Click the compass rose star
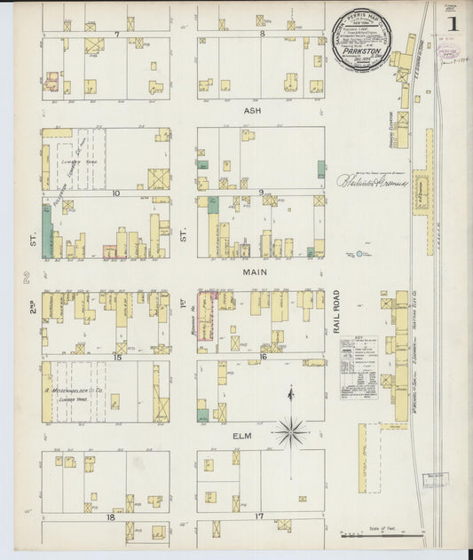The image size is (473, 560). (290, 433)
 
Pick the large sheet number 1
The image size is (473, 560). (453, 23)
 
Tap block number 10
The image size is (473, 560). (115, 192)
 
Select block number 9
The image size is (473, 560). (261, 192)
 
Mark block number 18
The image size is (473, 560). (112, 516)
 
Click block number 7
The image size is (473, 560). (116, 34)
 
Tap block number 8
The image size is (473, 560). (264, 34)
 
